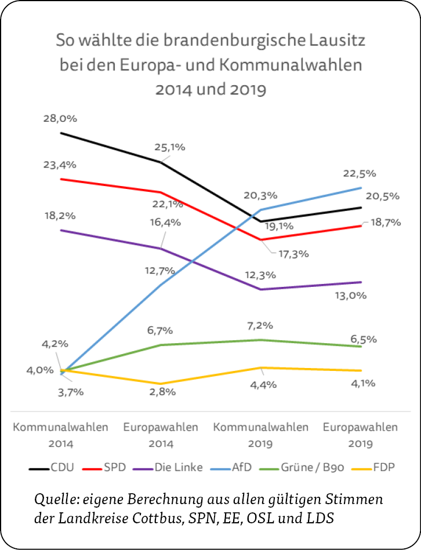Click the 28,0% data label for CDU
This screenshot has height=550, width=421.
click(x=60, y=118)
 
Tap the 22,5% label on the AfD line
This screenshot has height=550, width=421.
click(x=360, y=173)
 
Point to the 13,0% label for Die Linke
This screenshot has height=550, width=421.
click(x=366, y=296)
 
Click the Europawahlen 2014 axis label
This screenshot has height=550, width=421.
click(x=161, y=435)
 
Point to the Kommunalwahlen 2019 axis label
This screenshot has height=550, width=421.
click(x=261, y=435)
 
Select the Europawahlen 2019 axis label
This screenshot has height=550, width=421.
click(x=360, y=435)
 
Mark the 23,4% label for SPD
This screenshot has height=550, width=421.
click(x=60, y=165)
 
